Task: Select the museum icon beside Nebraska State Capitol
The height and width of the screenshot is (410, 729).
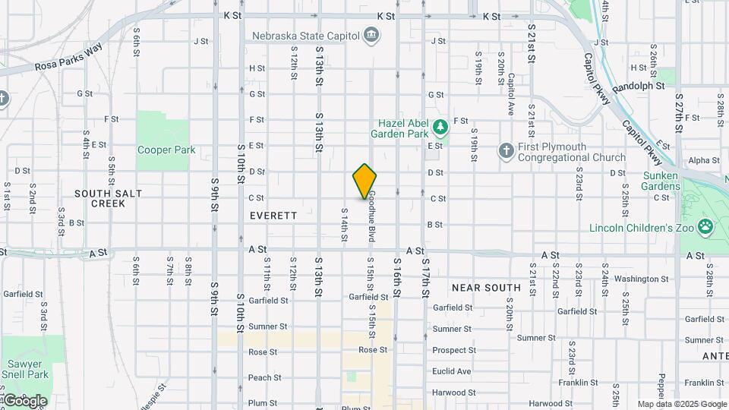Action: coord(371,34)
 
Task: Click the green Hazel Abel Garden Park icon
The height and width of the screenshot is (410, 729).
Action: coord(440,125)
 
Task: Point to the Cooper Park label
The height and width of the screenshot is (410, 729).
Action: coord(166,150)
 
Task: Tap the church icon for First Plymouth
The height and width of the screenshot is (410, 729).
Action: coord(506,149)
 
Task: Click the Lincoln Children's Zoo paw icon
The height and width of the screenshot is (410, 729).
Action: coord(705,226)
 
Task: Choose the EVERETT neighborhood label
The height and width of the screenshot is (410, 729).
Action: coord(273,216)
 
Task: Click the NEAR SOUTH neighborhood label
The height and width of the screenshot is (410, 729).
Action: coord(486,288)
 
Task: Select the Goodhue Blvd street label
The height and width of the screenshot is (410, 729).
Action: coord(373,216)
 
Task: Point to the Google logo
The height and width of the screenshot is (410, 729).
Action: coord(24,401)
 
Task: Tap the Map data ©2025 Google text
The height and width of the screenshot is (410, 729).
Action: coord(682,404)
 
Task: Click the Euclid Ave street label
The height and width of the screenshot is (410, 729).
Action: coord(452,371)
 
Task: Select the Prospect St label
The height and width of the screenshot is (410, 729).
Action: coord(454,350)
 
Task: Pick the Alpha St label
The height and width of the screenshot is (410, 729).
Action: coord(703,160)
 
